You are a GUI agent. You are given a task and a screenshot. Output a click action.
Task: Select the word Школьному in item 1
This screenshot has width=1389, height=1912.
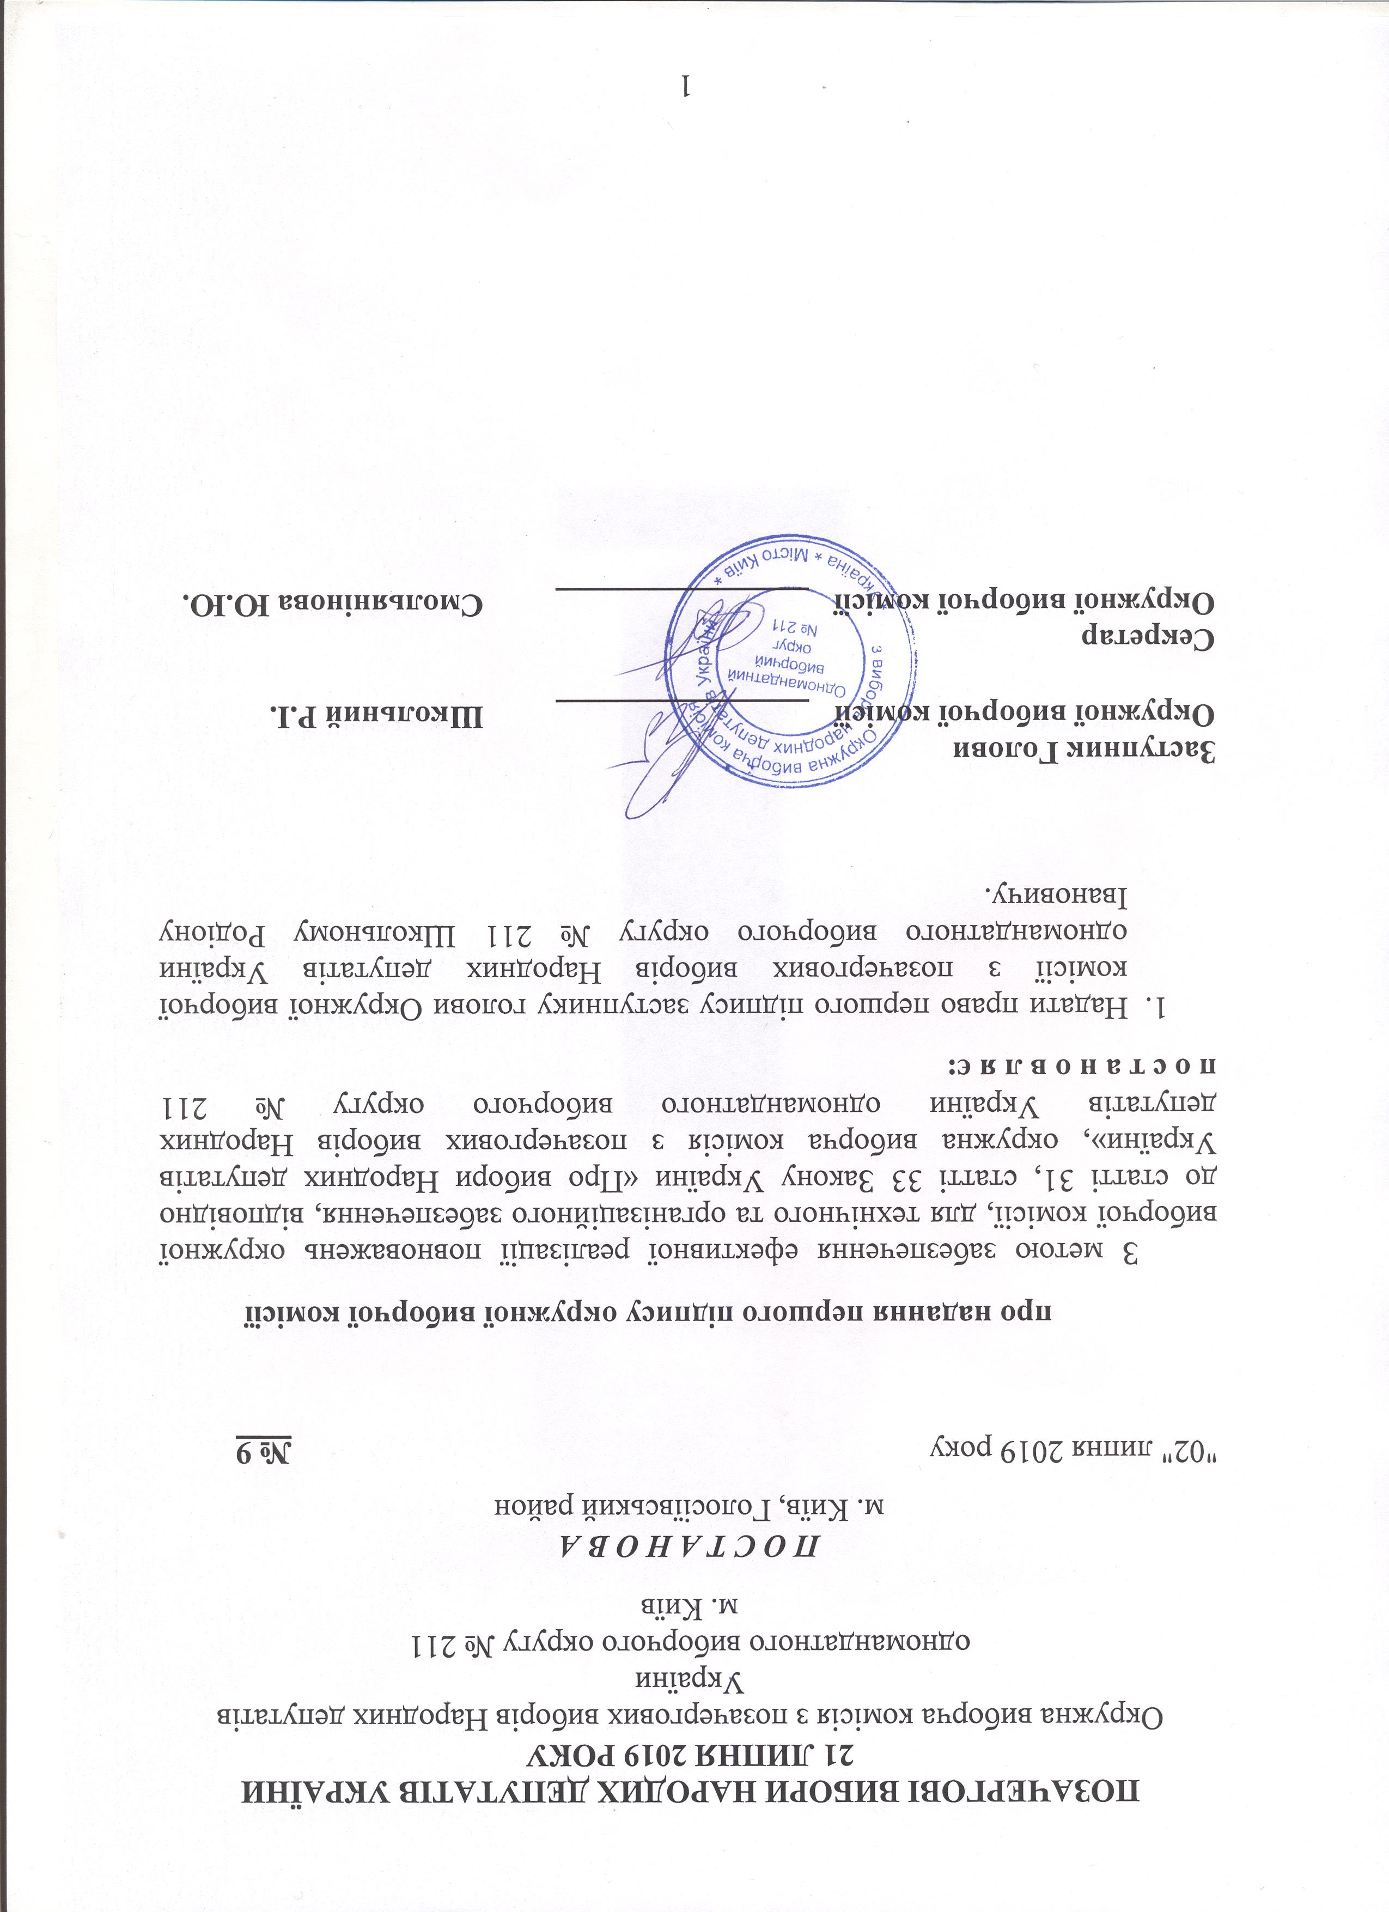pyautogui.click(x=371, y=931)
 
